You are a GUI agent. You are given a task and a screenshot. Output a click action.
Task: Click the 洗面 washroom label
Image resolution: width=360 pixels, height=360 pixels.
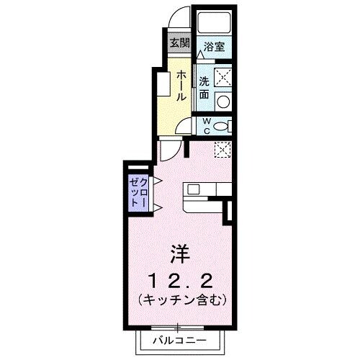coord(204,88)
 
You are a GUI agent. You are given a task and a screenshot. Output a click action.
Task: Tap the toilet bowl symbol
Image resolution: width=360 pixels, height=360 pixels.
coord(223,126)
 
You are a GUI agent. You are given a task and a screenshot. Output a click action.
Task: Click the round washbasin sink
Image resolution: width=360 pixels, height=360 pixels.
coord(223,102)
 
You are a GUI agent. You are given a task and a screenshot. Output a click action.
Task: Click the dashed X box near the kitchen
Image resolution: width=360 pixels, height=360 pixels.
coord(223,149)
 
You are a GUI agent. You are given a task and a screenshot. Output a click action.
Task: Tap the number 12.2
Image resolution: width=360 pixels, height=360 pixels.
coord(180,279)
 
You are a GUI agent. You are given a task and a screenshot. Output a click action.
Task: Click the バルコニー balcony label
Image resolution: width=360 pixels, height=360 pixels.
coord(179,339)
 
